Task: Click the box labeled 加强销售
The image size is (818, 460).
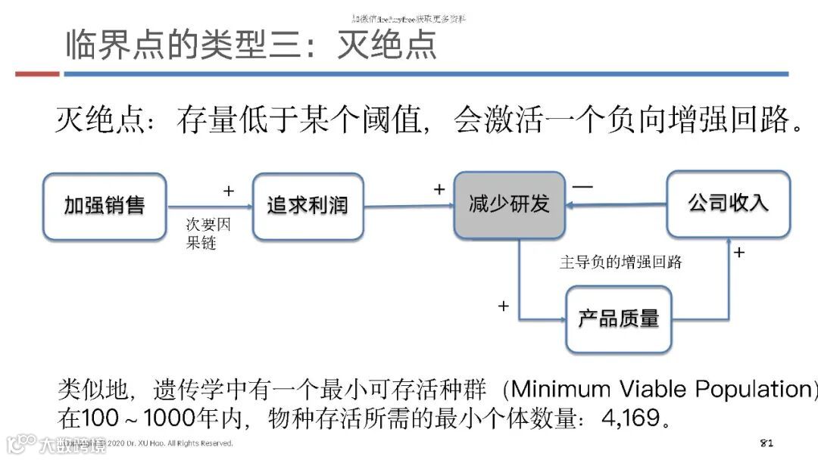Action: pos(105,205)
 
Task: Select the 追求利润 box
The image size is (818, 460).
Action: pos(307,205)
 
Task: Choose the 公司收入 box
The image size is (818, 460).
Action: pos(728,203)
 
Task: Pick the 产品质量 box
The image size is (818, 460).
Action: pos(619,319)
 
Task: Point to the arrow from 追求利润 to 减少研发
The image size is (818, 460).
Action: pos(407,205)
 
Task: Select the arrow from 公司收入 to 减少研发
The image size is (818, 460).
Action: pos(616,203)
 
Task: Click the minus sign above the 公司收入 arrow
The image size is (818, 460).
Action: pos(582,185)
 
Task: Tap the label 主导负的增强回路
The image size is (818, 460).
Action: pos(620,262)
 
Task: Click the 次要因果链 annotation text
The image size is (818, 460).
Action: pos(208,235)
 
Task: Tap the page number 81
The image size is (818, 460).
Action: pos(766,443)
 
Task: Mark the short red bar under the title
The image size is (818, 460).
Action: pos(37,74)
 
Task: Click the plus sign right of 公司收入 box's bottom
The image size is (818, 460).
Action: pos(740,252)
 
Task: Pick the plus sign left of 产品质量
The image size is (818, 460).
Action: pos(503,306)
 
